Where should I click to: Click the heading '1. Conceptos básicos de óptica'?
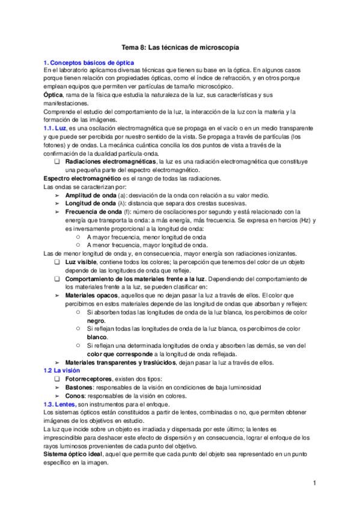[x=89, y=63]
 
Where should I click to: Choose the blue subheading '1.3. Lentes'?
[x=59, y=405]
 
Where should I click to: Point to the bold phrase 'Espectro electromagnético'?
[x=82, y=179]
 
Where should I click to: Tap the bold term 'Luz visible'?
[x=81, y=262]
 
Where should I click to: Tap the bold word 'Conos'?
[x=74, y=396]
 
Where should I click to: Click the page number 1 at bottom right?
[x=315, y=483]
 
